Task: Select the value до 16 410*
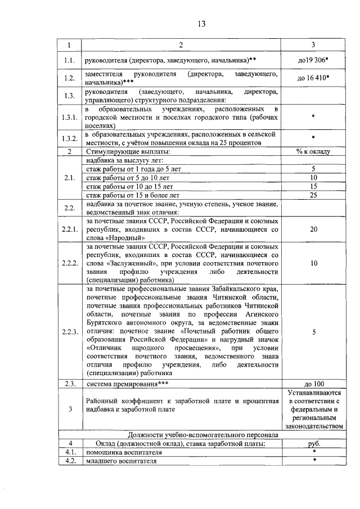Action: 314,78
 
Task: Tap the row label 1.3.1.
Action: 70,118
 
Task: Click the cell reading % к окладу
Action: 314,152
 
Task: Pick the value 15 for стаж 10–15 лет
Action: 314,186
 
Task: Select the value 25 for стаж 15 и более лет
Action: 314,195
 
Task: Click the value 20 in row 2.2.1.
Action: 314,229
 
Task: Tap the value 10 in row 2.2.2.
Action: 314,263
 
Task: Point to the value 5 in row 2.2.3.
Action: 314,332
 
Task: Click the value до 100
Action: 314,384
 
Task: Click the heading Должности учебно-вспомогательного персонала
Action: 202,434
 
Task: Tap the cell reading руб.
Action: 314,443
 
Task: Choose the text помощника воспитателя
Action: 120,452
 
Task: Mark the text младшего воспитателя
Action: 116,461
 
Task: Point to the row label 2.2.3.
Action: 70,332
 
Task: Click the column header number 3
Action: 314,45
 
